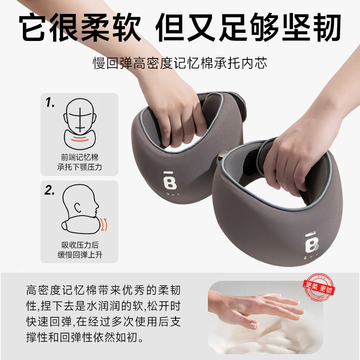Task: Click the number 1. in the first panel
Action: [50, 103]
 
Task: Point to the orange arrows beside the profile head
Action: [104, 224]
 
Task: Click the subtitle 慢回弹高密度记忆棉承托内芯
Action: [180, 63]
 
